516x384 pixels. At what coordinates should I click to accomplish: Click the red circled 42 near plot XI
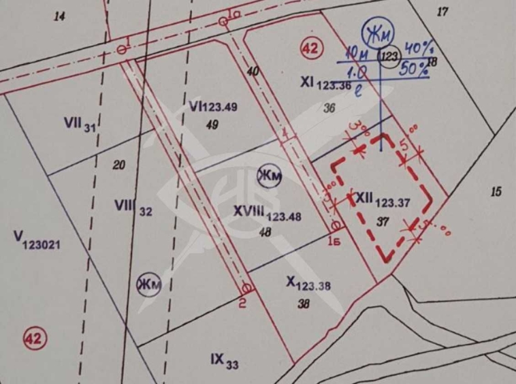pos(310,48)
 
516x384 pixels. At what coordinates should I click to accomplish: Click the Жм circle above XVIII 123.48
pos(268,176)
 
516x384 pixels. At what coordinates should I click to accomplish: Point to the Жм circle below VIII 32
pos(148,283)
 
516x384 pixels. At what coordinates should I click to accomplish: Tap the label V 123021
pos(37,239)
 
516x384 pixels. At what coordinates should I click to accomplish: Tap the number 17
pos(443,11)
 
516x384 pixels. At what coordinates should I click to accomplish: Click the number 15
pos(496,192)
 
